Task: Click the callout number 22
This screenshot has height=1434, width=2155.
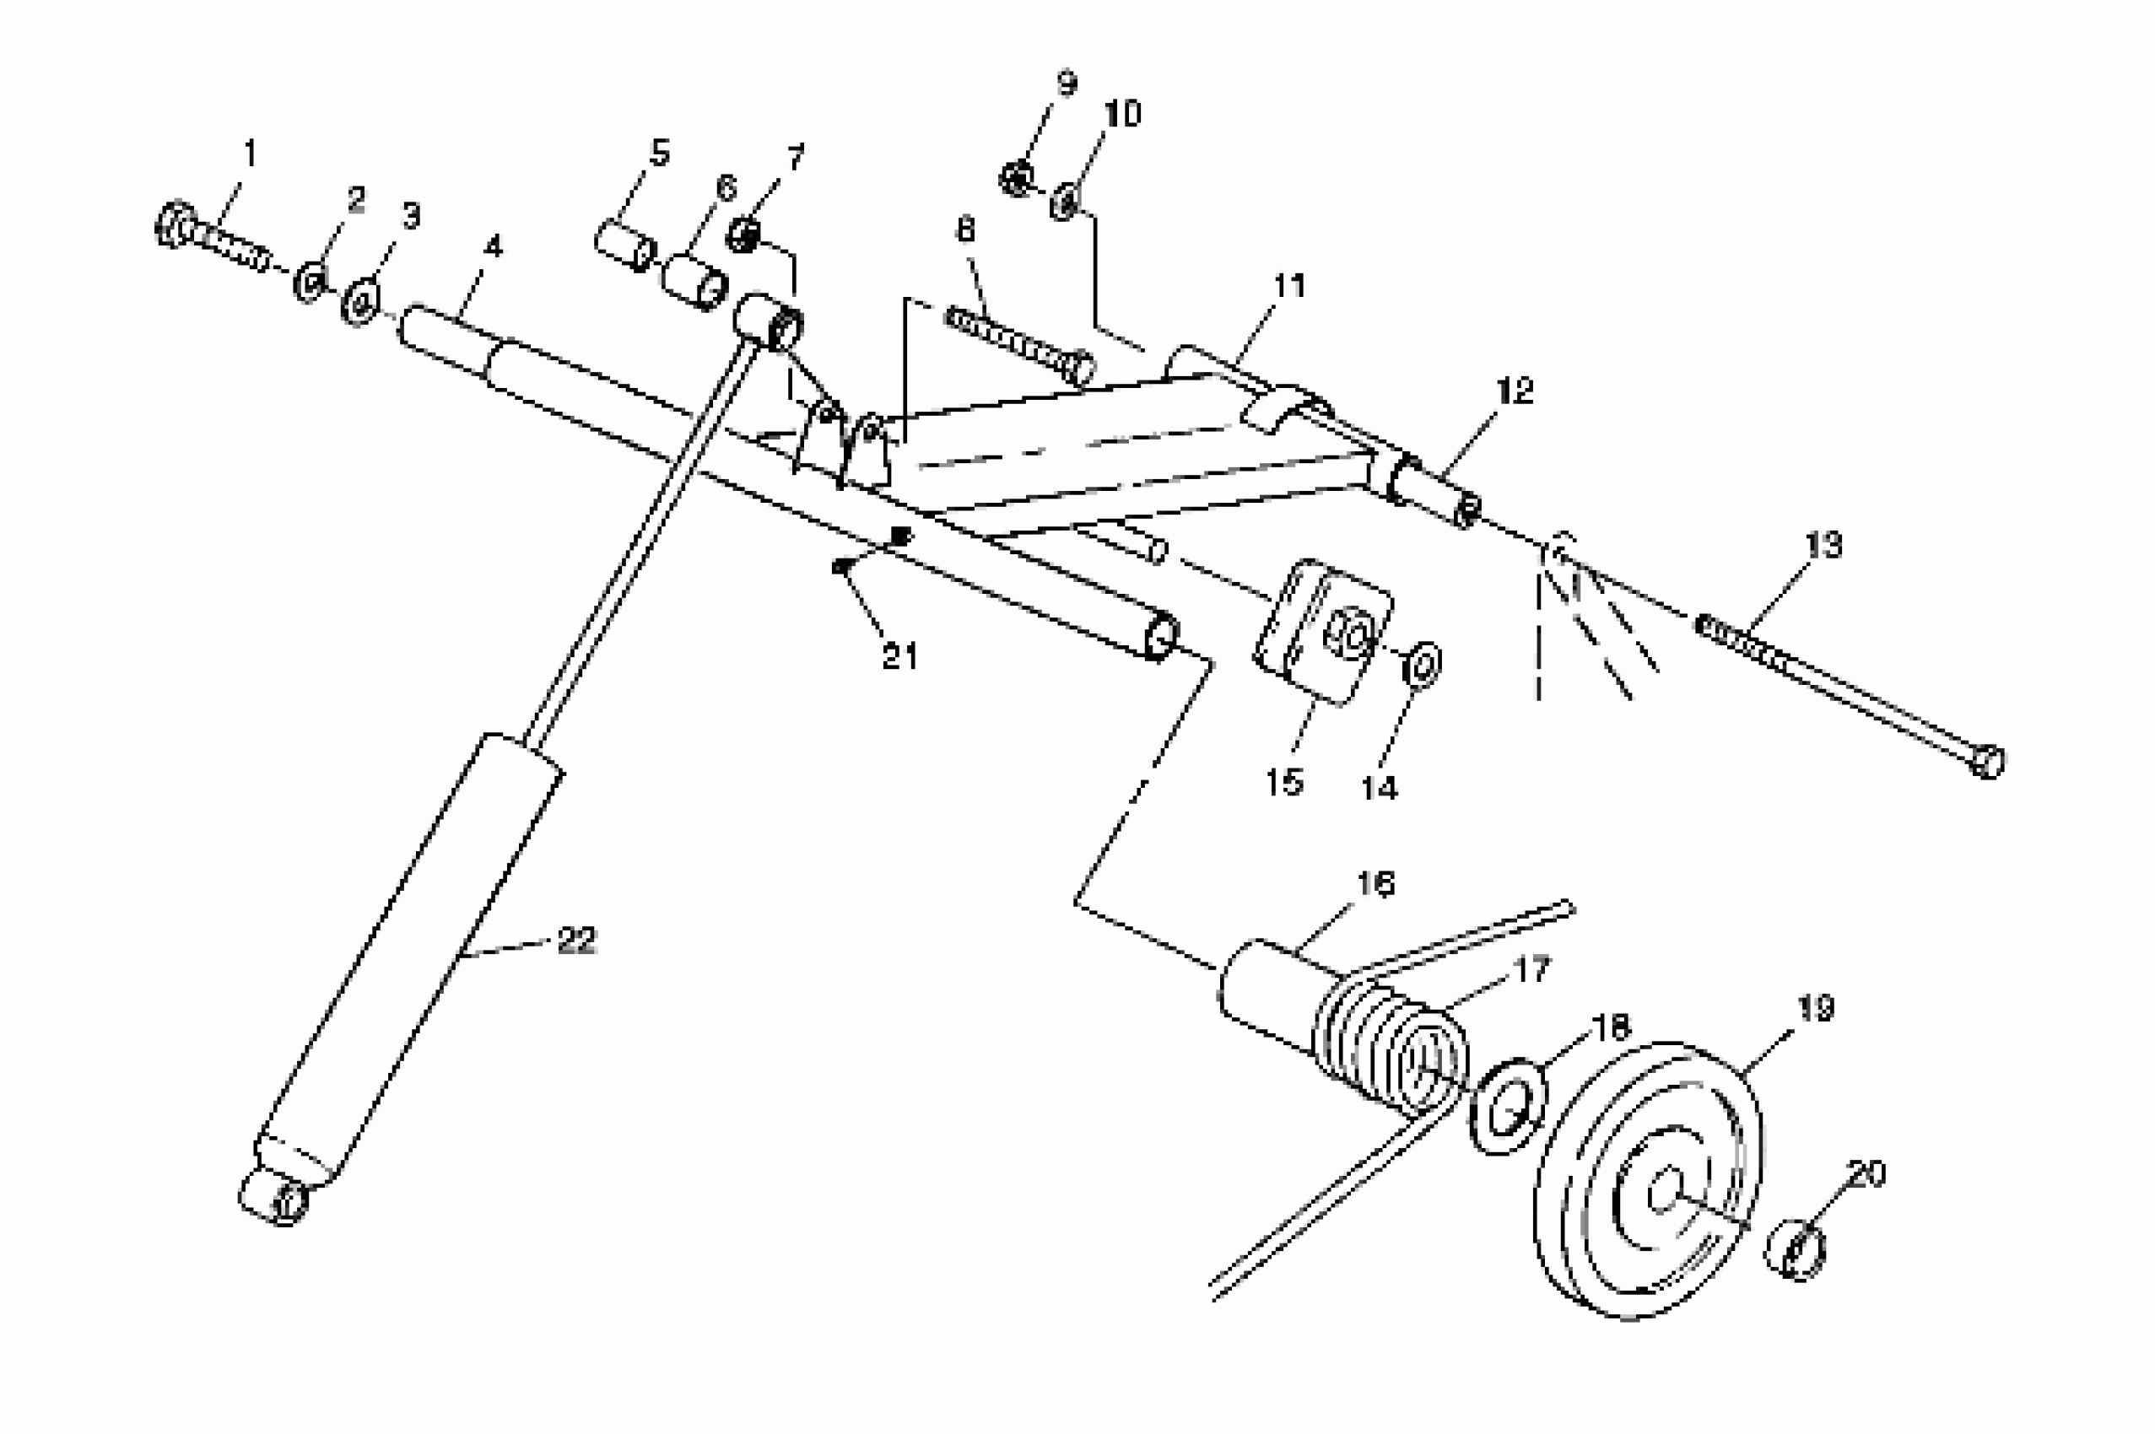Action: pos(576,941)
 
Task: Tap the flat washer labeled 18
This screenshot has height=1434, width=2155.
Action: pos(1507,1106)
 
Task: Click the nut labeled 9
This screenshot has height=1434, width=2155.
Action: pos(1014,178)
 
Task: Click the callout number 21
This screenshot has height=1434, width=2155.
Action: pos(900,655)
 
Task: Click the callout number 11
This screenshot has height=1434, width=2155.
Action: pos(1289,286)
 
